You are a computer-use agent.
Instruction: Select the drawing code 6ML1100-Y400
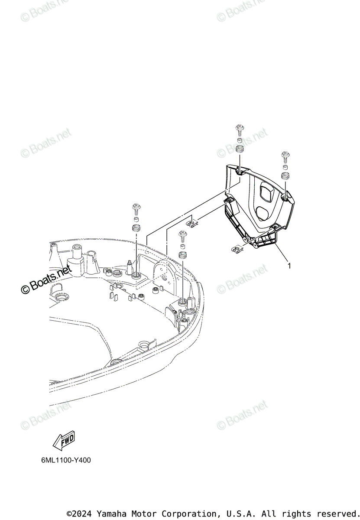tap(63, 460)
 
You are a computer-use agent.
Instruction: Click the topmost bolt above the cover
tap(239, 129)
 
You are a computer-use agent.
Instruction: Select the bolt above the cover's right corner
tap(285, 155)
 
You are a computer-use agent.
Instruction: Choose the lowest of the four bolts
tap(182, 236)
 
